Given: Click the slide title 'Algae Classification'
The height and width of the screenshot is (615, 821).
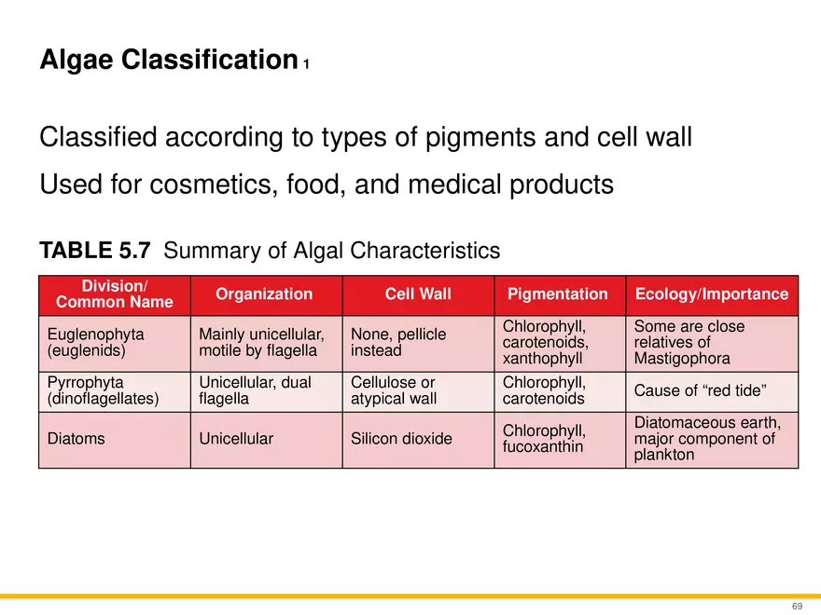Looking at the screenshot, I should (168, 61).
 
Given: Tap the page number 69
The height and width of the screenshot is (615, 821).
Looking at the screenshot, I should (797, 606).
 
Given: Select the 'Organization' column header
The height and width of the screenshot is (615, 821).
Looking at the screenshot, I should (264, 294).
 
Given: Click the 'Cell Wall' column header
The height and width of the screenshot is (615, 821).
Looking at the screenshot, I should (418, 294).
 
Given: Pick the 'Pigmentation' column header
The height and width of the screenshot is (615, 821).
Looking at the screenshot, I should (557, 294).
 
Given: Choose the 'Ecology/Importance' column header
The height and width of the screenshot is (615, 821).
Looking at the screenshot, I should (712, 294).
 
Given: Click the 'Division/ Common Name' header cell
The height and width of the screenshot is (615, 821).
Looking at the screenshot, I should (115, 294).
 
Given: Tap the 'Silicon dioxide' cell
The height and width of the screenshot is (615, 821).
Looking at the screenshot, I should (401, 439).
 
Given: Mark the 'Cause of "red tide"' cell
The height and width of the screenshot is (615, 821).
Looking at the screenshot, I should (701, 390).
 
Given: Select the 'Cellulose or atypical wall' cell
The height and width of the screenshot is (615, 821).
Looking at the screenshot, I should (393, 391).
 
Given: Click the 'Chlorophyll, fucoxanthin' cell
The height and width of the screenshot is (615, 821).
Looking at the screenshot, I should (544, 439).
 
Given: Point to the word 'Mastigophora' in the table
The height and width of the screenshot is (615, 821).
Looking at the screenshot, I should (678, 359).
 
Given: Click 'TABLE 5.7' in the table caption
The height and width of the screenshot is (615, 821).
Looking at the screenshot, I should (98, 252).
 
